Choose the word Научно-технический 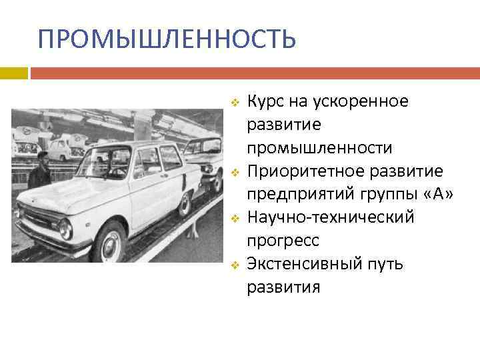331,217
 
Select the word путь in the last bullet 383,264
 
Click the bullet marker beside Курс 234,103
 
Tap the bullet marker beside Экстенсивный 234,265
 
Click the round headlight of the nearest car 65,229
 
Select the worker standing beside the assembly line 40,170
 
